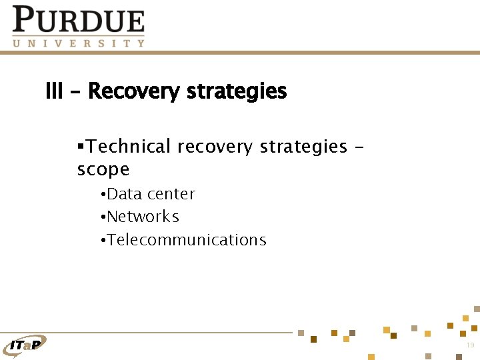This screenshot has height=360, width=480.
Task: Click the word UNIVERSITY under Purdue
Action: [x=78, y=43]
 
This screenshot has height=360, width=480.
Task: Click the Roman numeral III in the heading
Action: [x=53, y=91]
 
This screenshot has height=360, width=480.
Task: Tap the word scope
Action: [x=103, y=169]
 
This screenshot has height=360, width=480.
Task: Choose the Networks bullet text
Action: [x=143, y=217]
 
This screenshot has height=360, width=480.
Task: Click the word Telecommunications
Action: [x=187, y=240]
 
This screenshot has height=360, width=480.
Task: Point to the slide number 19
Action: [x=470, y=345]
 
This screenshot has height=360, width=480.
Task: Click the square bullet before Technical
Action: [x=80, y=146]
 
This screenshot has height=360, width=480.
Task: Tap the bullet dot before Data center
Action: [x=102, y=195]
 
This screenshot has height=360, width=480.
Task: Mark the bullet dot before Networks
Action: [x=102, y=217]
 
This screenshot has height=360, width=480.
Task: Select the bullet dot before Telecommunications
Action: [x=102, y=241]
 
